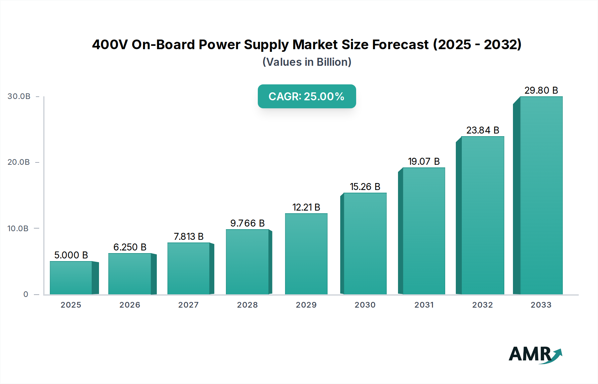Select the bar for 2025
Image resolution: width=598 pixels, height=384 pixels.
tap(71, 278)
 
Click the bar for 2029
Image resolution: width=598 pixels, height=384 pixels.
tap(306, 254)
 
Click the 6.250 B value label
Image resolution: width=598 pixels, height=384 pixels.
tap(130, 247)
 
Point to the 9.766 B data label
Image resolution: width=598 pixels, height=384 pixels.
tap(248, 223)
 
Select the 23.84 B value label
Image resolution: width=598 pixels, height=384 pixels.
tap(483, 130)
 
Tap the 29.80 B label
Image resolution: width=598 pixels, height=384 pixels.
tap(541, 90)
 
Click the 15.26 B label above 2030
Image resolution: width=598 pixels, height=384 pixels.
tap(365, 187)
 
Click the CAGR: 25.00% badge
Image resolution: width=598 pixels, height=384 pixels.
tap(307, 96)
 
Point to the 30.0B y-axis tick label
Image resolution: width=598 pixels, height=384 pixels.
tap(19, 96)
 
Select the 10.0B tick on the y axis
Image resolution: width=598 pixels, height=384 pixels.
tap(18, 229)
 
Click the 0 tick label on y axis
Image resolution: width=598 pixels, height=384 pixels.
tap(26, 294)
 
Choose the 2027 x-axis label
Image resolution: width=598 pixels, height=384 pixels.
tap(188, 305)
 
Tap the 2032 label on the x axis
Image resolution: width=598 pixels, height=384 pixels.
tap(482, 305)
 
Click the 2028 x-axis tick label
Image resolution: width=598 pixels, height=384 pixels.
tap(247, 305)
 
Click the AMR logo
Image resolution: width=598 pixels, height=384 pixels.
tap(535, 354)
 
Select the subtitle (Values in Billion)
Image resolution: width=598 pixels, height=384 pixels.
tap(307, 62)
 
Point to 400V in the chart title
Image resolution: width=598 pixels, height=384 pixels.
tap(110, 45)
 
